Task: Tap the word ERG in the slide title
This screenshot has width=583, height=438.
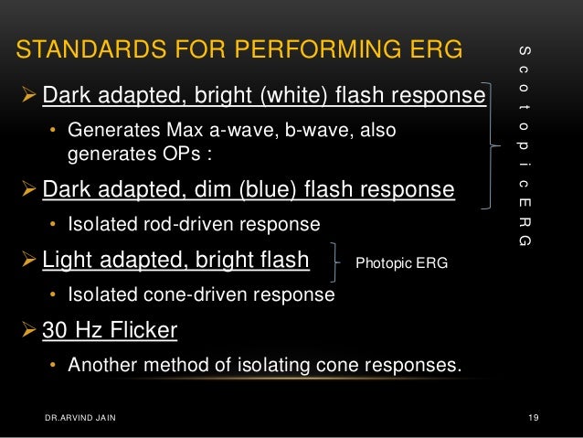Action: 429,49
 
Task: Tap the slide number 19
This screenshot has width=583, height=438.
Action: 535,418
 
